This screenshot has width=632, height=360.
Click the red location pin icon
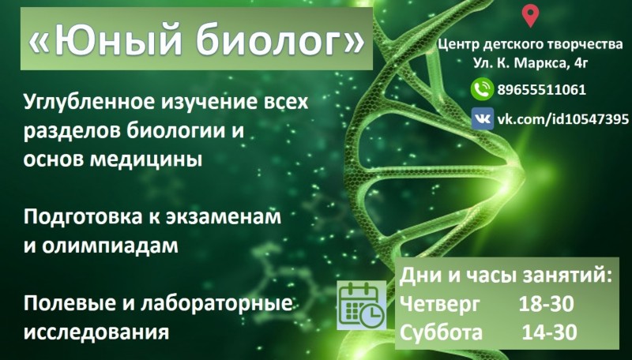click(x=530, y=15)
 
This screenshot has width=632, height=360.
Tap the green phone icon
click(x=482, y=88)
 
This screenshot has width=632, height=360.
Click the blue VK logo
click(x=483, y=118)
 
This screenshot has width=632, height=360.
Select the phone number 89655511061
click(x=541, y=89)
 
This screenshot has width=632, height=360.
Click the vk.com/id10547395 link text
click(x=562, y=118)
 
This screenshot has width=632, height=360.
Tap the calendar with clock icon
click(x=362, y=306)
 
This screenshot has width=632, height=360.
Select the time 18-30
click(x=546, y=304)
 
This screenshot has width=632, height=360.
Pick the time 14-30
click(x=549, y=332)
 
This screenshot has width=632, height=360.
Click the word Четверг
click(x=440, y=305)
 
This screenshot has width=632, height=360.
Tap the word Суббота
click(x=441, y=332)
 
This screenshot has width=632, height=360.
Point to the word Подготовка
click(x=83, y=217)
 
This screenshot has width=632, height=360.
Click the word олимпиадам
click(x=110, y=246)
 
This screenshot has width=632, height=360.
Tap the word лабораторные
click(x=216, y=304)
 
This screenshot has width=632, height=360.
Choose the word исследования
click(x=96, y=332)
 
